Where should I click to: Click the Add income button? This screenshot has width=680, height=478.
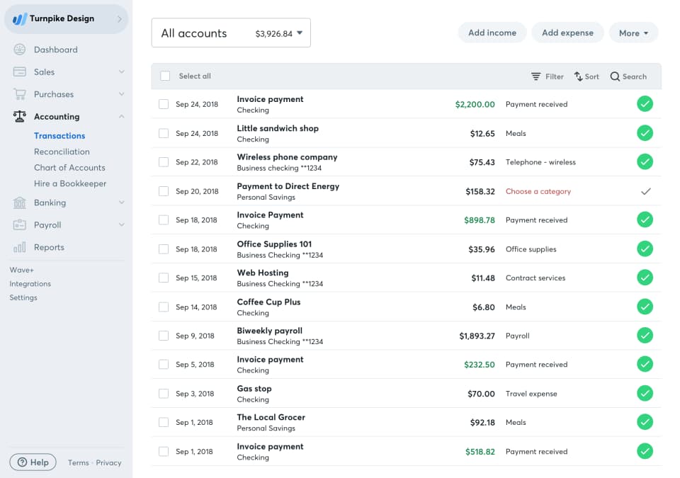pos(492,33)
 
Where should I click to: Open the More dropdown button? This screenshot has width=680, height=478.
pos(633,33)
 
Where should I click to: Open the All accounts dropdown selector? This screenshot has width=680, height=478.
pos(231,33)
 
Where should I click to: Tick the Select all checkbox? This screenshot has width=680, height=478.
pos(165,76)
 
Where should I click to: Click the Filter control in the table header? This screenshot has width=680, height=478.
pos(548,76)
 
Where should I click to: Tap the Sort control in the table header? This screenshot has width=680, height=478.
pos(586,76)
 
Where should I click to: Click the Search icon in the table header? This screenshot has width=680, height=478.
pos(615,76)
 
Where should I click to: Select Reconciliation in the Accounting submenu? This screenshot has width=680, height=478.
pos(62,152)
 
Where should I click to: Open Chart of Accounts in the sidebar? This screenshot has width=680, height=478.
pos(69,168)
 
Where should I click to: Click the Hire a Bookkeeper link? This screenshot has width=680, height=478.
pos(70,183)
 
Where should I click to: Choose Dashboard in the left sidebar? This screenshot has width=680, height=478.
pos(55,50)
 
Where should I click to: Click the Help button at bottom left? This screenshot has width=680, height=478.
pos(33,462)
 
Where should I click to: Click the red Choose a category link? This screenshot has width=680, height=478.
pos(538,191)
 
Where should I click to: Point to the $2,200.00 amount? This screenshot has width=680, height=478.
pos(475,104)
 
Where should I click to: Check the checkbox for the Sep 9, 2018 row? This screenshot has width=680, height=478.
pos(164,336)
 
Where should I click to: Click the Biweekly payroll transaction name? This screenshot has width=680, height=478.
pos(269,331)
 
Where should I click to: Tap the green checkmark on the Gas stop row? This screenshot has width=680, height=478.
pos(645,393)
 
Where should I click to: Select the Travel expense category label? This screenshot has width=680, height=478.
pos(531,394)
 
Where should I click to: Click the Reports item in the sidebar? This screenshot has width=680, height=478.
pos(49,247)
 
